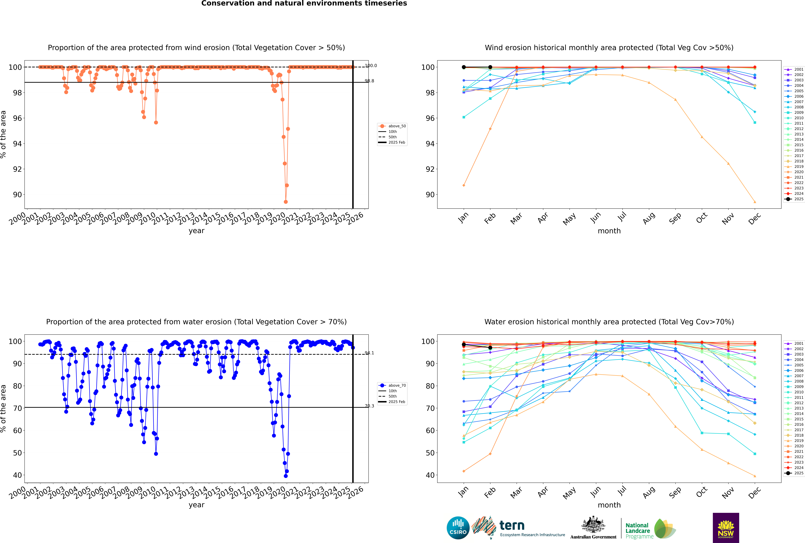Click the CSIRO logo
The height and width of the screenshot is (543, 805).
point(458,528)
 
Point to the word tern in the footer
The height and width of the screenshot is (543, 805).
point(512,526)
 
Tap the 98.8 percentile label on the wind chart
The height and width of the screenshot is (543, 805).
point(369,81)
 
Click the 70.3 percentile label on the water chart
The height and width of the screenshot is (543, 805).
point(369,406)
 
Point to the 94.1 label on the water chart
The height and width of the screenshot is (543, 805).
point(369,353)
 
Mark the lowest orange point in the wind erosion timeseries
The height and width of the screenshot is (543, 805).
point(285,202)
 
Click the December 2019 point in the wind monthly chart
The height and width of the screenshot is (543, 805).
point(755,202)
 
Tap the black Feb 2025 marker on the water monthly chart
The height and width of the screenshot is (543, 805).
point(490,348)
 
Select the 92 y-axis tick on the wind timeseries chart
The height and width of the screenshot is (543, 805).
point(17,169)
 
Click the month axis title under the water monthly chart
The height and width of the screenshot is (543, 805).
point(609,505)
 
